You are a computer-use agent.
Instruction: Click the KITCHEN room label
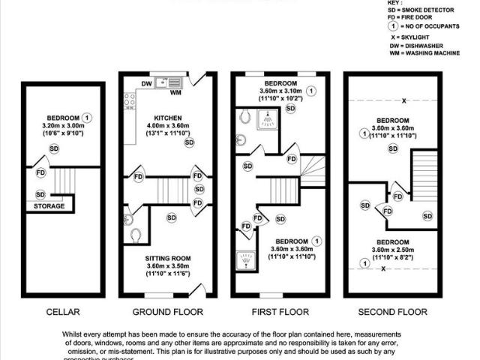pos(167,118)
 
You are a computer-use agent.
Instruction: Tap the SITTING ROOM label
pos(168,259)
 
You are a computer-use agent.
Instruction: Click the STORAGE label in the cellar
pos(49,206)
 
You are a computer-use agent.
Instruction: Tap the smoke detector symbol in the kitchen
pos(189,142)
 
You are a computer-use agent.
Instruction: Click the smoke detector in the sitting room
pos(171,217)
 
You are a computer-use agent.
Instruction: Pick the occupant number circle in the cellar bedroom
pos(88,118)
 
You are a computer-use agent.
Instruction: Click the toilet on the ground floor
pos(136,235)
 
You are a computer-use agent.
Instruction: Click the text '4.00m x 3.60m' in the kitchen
pos(168,127)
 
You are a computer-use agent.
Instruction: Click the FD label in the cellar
pos(41,173)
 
